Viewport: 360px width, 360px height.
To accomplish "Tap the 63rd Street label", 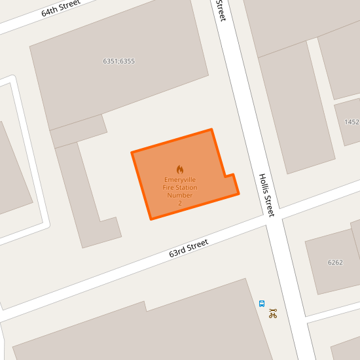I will pos(189,248).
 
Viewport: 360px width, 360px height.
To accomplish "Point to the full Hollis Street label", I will pos(266,195).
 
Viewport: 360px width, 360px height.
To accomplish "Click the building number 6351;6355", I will pos(118,62).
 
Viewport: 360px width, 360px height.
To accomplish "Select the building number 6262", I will pos(335,262).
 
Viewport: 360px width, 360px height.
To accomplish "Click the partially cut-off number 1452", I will pos(352,122).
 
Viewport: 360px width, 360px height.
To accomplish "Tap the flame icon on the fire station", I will pos(180,169).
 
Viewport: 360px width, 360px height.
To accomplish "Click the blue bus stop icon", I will pos(262,304).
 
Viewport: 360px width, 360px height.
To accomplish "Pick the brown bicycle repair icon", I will pos(273,314).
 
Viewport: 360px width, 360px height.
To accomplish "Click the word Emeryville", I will pos(180,180).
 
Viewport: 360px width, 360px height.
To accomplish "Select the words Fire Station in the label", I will pos(180,188).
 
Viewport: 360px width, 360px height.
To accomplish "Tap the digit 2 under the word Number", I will pos(180,203).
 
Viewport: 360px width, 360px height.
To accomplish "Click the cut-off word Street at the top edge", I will pos(221,10).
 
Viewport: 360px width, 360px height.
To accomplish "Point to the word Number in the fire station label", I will pos(180,195).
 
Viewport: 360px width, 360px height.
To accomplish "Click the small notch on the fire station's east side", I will pos(230,176).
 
